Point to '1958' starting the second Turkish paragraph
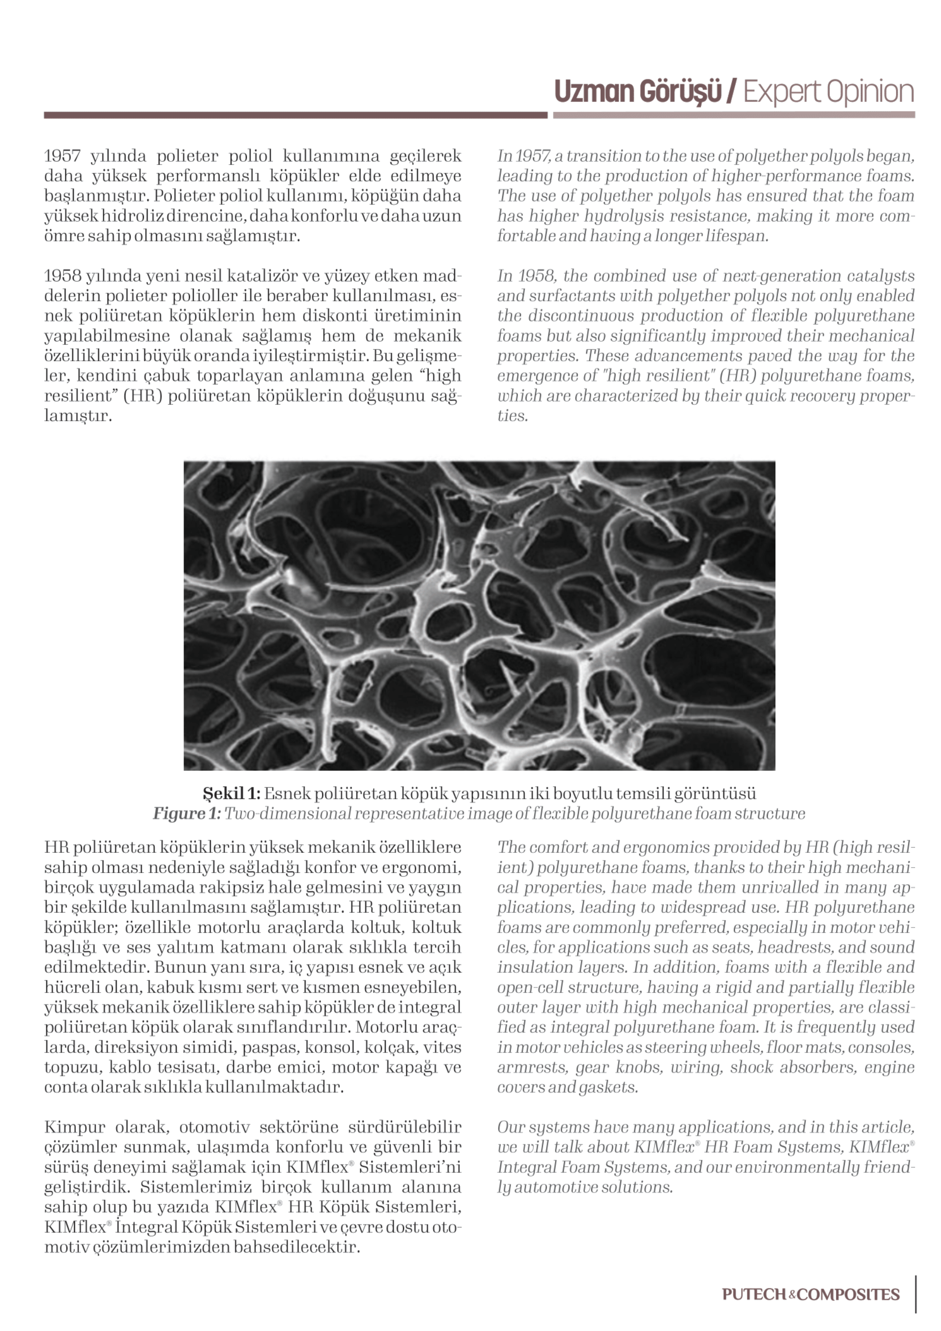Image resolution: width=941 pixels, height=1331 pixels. (62, 276)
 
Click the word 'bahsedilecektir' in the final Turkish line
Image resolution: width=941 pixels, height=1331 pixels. (297, 1247)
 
